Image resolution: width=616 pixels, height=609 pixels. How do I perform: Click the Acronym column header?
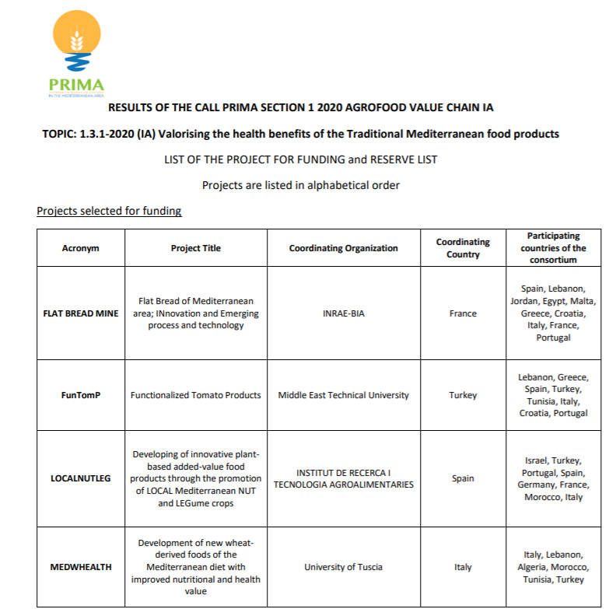[81, 248]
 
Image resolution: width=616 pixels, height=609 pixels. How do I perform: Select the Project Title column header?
[195, 248]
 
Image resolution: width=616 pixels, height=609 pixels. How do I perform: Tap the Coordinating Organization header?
[343, 248]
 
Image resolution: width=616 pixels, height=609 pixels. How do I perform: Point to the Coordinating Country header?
[463, 248]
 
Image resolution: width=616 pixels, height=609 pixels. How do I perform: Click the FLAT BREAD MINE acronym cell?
[81, 313]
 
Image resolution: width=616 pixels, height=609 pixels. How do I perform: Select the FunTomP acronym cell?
[81, 395]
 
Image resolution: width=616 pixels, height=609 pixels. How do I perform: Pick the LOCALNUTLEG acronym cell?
[81, 478]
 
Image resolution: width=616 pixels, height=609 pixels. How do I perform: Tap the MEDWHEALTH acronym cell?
[81, 567]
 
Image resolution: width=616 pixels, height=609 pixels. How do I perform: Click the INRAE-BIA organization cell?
[343, 313]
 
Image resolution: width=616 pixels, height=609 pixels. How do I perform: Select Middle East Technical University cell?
[343, 395]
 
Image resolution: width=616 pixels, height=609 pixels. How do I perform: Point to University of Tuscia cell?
[343, 567]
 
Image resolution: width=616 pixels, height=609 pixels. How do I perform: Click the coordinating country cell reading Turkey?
[463, 395]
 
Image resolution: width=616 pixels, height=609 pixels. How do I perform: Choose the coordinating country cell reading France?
[463, 313]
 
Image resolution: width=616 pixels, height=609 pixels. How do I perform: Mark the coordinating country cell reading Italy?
[463, 567]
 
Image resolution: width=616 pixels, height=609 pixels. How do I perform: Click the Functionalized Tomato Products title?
[195, 395]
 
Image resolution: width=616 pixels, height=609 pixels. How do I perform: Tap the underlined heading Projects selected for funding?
[109, 211]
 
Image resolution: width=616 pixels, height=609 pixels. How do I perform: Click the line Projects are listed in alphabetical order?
[300, 185]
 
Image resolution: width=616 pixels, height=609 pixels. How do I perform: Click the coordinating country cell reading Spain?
[463, 478]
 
